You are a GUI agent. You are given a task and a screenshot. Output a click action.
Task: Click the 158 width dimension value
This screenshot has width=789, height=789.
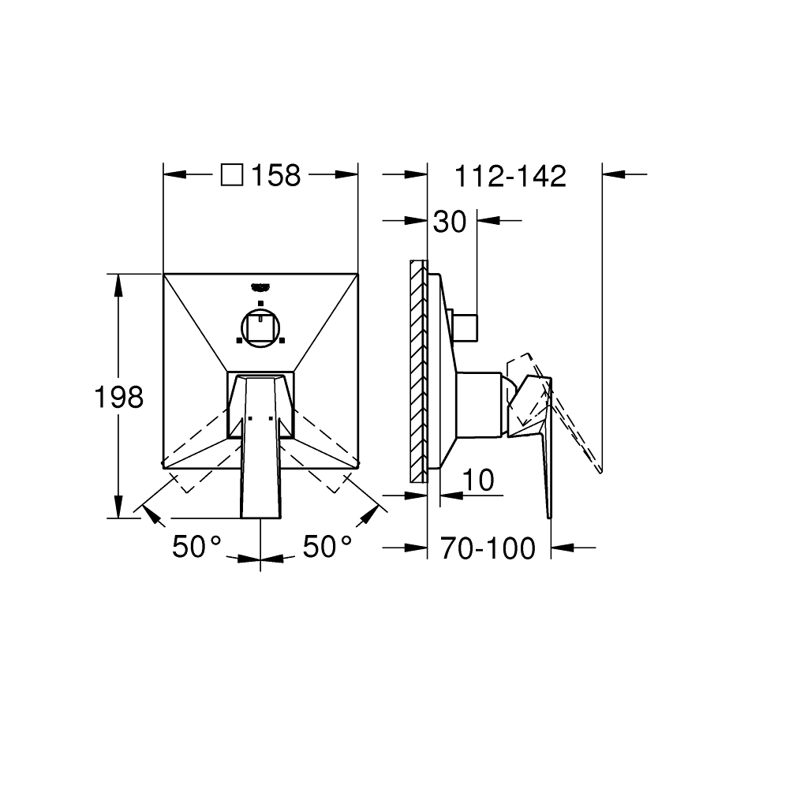(275, 176)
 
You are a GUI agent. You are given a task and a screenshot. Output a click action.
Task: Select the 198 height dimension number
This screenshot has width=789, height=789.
(119, 397)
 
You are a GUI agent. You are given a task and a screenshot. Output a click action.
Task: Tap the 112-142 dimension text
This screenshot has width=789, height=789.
(510, 177)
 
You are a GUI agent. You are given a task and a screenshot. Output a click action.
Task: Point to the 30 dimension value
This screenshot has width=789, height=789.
(450, 222)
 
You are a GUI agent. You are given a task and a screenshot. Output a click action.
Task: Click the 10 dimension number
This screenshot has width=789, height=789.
(478, 480)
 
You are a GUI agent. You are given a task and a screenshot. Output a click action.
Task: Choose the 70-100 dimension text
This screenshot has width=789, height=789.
(488, 548)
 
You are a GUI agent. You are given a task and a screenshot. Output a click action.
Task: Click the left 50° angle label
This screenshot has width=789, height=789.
(196, 546)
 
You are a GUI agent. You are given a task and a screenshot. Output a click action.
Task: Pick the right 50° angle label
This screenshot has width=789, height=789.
(327, 546)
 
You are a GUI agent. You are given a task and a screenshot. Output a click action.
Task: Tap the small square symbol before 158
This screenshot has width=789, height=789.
(232, 175)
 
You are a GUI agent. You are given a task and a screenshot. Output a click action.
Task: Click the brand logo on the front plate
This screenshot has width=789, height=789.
(260, 287)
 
